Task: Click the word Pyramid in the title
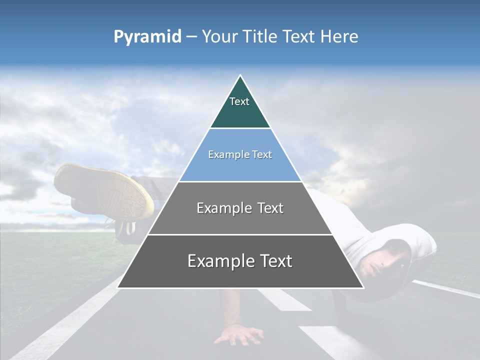pyautogui.click(x=147, y=37)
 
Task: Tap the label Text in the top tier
pyautogui.click(x=239, y=101)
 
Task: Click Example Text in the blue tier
pyautogui.click(x=240, y=154)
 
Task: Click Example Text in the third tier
pyautogui.click(x=240, y=208)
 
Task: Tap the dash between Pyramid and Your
pyautogui.click(x=191, y=37)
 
